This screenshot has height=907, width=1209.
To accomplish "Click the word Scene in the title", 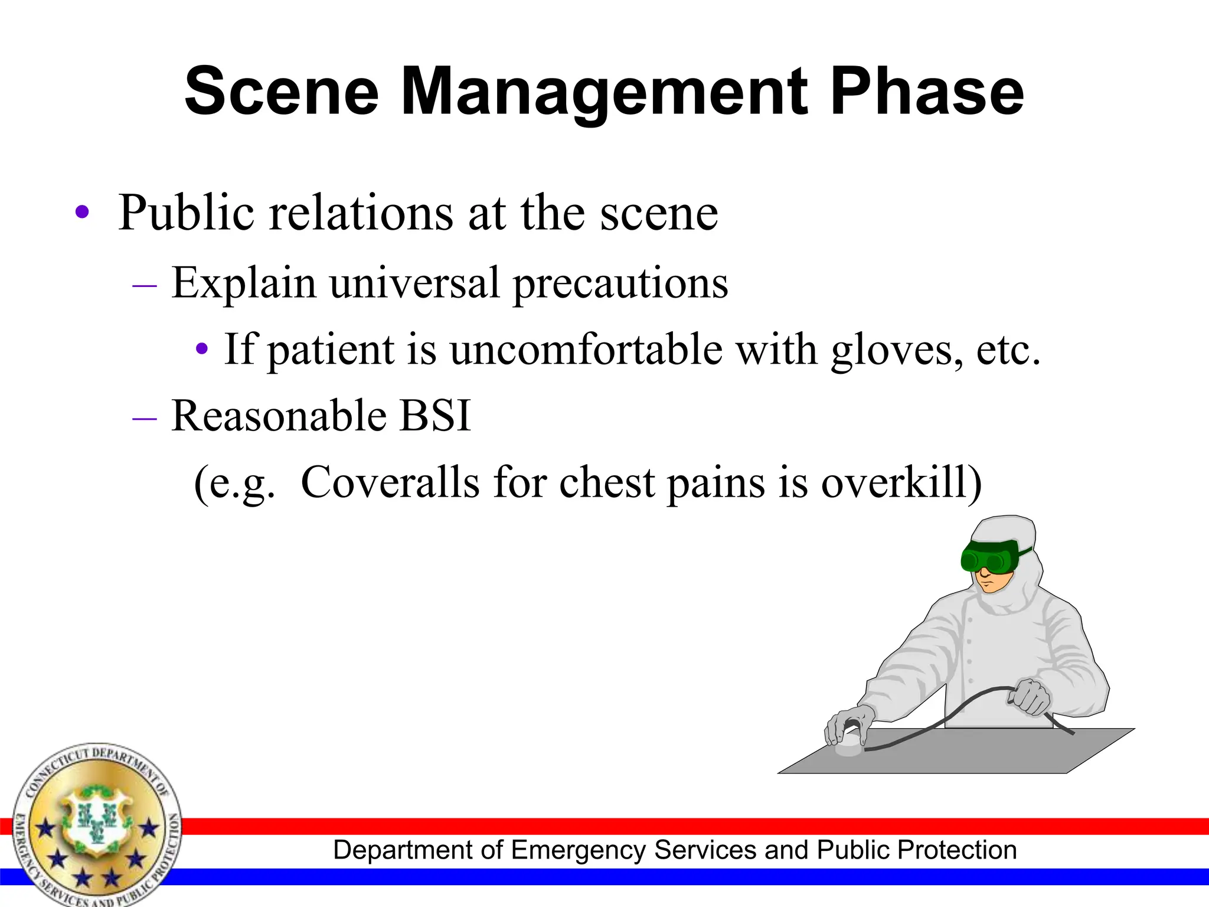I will point(281,93).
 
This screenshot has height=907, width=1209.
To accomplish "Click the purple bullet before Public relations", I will point(83,213).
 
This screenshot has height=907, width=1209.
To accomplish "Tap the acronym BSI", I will point(435,416).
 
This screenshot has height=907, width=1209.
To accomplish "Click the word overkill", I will point(900,482).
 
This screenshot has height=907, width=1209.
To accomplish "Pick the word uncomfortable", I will point(586,350).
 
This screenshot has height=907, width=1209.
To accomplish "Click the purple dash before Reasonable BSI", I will point(145,417).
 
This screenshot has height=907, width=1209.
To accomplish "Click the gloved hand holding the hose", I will point(1030,697).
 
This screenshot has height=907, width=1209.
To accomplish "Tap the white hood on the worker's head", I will point(1004,528).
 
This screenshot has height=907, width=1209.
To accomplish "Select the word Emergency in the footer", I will point(579,850).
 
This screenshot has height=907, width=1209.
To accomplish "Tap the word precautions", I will point(620,283).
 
